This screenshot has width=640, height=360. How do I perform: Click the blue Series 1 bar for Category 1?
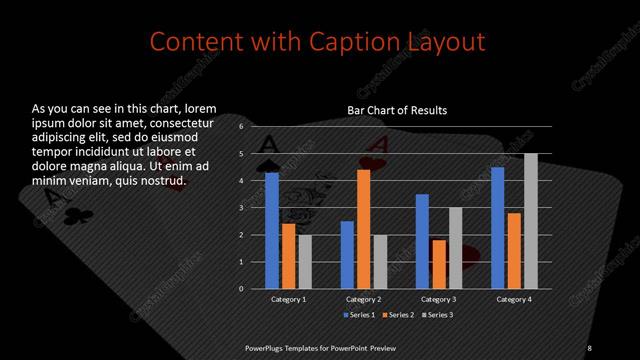(x=272, y=230)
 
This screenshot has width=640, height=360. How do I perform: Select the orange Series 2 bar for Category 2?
(x=363, y=229)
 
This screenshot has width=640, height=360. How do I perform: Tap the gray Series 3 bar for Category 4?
(x=531, y=221)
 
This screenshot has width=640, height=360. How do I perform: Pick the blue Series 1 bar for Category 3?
(x=422, y=241)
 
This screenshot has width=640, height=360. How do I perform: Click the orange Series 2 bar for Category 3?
(x=439, y=264)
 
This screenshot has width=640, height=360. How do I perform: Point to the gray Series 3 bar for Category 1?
(x=305, y=261)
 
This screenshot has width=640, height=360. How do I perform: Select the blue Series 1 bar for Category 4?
(x=498, y=227)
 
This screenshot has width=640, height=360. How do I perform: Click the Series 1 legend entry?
(x=360, y=315)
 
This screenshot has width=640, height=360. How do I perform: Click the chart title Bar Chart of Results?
(x=397, y=110)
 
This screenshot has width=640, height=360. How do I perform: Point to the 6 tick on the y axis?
(x=241, y=127)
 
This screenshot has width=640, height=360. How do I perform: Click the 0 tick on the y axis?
(x=241, y=288)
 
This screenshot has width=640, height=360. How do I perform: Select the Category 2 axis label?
(x=364, y=299)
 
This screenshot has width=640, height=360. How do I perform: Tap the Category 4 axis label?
(x=515, y=299)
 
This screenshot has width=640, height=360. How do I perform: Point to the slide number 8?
(x=590, y=347)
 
